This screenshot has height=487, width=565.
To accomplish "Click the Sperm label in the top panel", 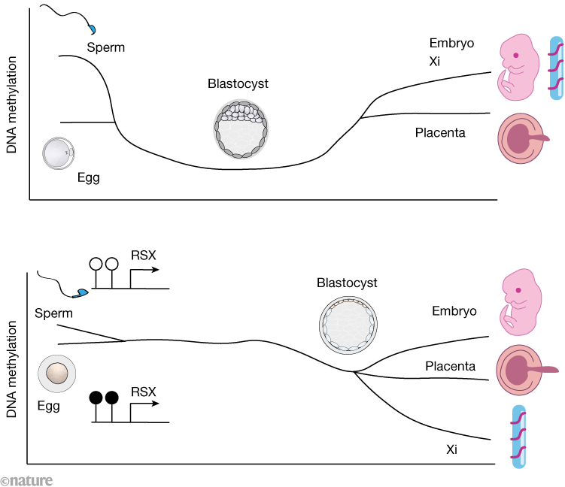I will point(105,48).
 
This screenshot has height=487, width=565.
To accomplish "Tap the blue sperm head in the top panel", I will point(92,29).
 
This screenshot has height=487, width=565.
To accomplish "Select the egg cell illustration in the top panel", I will point(57,153).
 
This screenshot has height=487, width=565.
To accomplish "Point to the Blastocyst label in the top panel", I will point(238,83).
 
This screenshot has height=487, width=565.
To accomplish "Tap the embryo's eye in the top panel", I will point(517,56).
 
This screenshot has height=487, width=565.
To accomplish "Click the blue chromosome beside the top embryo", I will point(554,68).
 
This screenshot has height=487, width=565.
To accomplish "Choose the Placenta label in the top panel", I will point(440,133).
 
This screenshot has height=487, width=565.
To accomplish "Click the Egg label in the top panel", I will point(88,178).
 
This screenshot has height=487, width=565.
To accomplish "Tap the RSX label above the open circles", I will point(143,255).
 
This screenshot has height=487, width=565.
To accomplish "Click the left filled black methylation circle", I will point(96,396).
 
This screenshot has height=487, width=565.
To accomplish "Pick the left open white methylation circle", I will point(96,264).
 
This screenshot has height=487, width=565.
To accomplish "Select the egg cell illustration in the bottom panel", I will point(57,373).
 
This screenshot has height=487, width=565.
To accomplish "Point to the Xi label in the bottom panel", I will point(452,449).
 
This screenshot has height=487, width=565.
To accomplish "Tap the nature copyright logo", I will point(27,479).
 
